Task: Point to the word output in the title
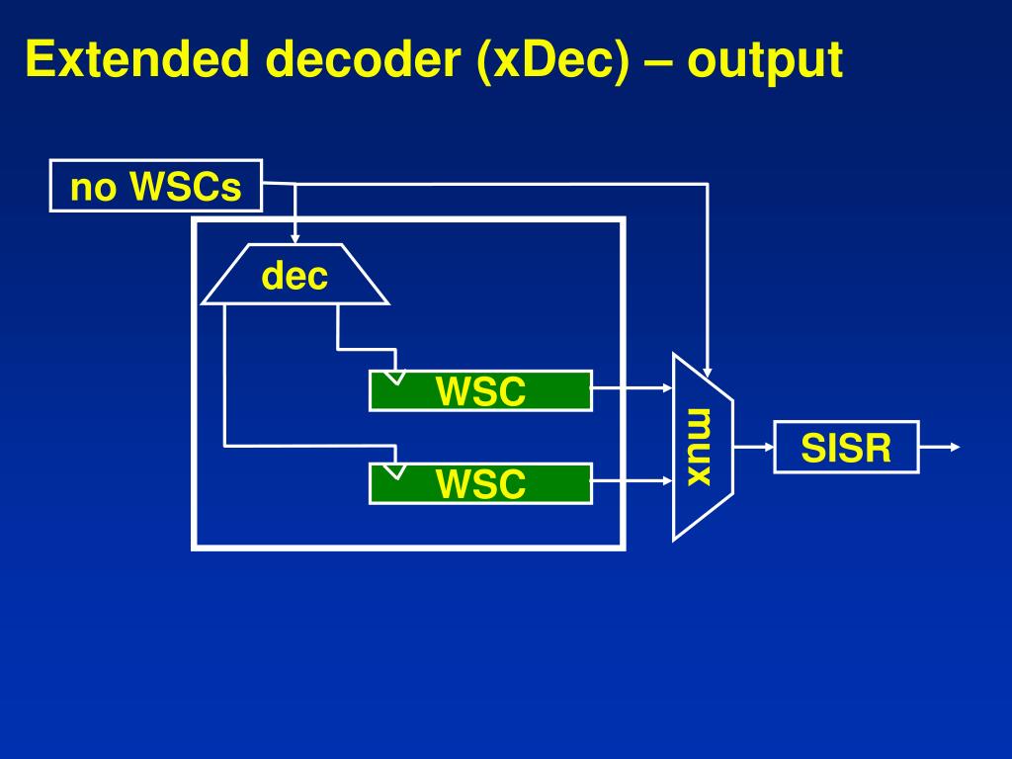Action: tap(766, 61)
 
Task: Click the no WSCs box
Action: tap(156, 186)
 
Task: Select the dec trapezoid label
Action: tap(295, 276)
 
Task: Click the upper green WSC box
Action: tap(480, 391)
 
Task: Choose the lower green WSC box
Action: tap(480, 484)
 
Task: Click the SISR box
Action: tap(846, 448)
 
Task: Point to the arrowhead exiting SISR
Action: tap(954, 448)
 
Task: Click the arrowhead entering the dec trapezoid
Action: tap(295, 238)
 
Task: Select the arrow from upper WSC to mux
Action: tap(632, 389)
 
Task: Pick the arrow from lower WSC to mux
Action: tap(632, 482)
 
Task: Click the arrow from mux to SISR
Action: tap(753, 447)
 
